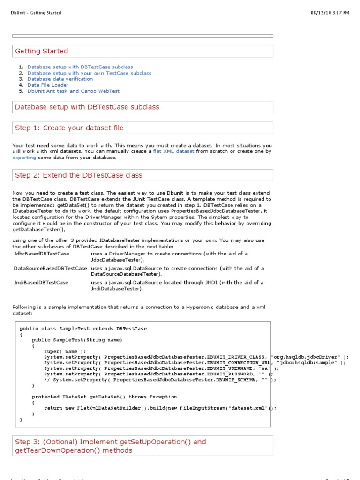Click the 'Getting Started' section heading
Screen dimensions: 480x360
tap(41, 51)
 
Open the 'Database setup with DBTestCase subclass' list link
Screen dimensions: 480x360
tap(80, 67)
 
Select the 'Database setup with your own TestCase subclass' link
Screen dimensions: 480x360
tap(89, 73)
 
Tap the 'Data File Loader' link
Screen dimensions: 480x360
tap(48, 85)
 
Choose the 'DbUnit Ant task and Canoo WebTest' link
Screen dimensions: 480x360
tap(73, 91)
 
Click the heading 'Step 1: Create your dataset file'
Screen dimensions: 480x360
tap(69, 128)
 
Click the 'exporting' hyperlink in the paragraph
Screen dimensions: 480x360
tap(24, 157)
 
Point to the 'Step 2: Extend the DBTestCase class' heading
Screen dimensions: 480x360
tap(79, 175)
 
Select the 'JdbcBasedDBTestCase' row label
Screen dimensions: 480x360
tap(41, 254)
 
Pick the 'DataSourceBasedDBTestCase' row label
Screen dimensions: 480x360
tap(50, 269)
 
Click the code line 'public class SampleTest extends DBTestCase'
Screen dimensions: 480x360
tap(83, 329)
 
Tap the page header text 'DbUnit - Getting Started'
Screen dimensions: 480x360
tap(36, 13)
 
